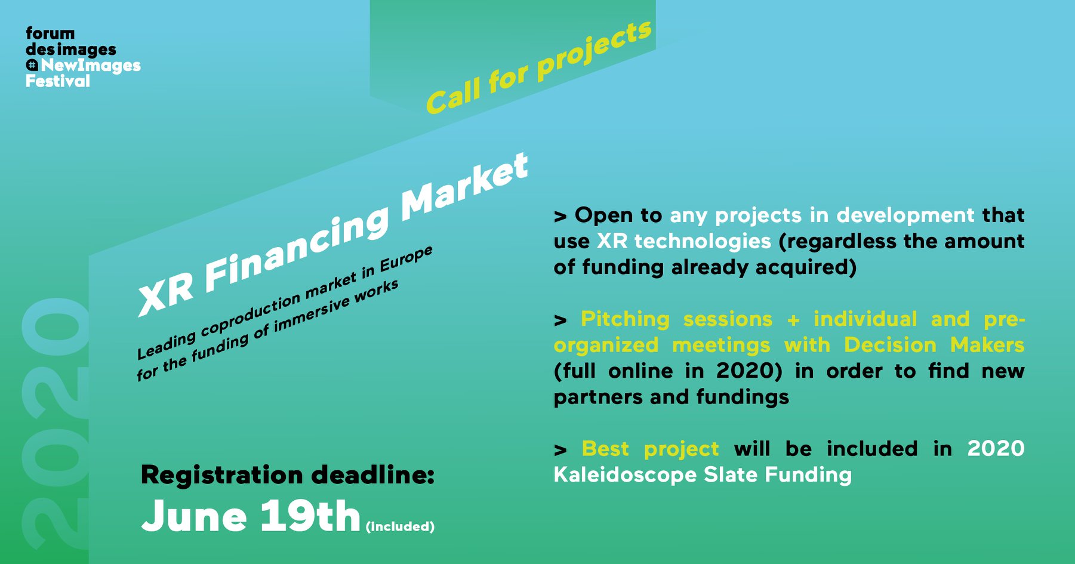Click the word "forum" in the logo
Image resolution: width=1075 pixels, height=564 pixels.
point(50,33)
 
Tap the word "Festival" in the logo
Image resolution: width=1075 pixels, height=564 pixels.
point(58,81)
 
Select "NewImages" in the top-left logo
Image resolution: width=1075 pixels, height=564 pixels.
point(91,66)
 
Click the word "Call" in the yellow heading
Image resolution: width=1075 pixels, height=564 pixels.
point(454,95)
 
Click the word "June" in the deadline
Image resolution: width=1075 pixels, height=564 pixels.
point(194,516)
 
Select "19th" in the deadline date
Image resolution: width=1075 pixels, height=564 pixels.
point(310,515)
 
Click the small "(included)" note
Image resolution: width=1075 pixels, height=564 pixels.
point(400,526)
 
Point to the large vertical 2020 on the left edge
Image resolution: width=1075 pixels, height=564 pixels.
point(54,424)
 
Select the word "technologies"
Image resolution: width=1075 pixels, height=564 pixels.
point(703,241)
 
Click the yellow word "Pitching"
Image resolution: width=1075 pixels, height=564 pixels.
point(625,319)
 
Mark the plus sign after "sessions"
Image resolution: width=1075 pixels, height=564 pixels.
point(793,320)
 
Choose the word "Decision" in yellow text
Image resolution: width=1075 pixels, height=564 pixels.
point(890,345)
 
